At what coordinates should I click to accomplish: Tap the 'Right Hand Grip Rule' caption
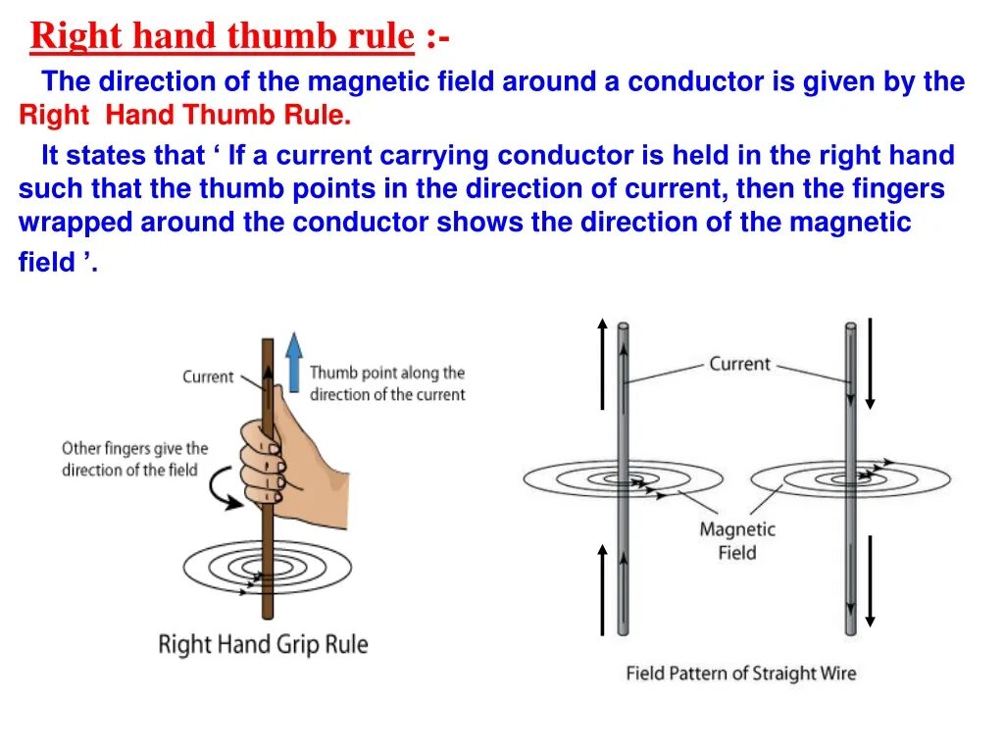tap(263, 644)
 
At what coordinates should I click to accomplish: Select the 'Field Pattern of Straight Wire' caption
tap(740, 674)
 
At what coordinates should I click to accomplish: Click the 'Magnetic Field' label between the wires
tap(737, 541)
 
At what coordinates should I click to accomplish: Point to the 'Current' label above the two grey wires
tap(739, 364)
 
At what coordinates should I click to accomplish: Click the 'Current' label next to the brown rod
tap(208, 376)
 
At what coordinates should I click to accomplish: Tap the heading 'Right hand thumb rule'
tap(223, 37)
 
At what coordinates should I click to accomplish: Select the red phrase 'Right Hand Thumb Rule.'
tap(184, 116)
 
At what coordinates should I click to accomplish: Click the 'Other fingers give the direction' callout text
tap(134, 459)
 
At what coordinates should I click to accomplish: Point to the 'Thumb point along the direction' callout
tap(387, 383)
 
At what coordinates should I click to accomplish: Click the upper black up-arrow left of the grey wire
tap(602, 363)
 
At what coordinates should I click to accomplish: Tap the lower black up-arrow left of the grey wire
tap(602, 590)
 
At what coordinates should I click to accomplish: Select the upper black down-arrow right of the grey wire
tap(870, 363)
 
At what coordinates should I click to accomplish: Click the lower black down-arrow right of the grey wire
tap(870, 580)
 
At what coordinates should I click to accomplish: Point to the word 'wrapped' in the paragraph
tap(75, 223)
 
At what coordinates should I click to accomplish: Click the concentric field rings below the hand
tap(253, 566)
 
